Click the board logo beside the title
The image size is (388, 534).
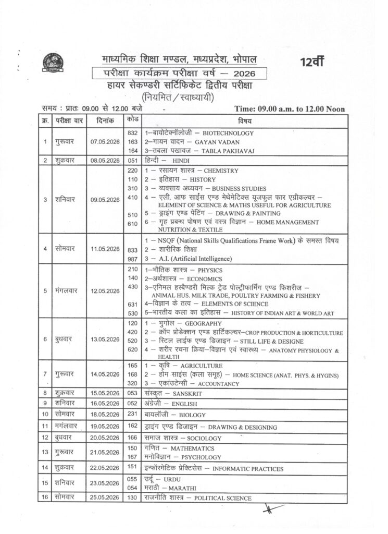tap(52, 62)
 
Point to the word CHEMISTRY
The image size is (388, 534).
tap(221, 171)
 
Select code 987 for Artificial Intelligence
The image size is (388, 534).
tap(132, 259)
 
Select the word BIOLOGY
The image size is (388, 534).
tap(194, 415)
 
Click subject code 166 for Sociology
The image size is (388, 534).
tap(132, 438)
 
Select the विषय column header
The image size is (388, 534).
tap(244, 121)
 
